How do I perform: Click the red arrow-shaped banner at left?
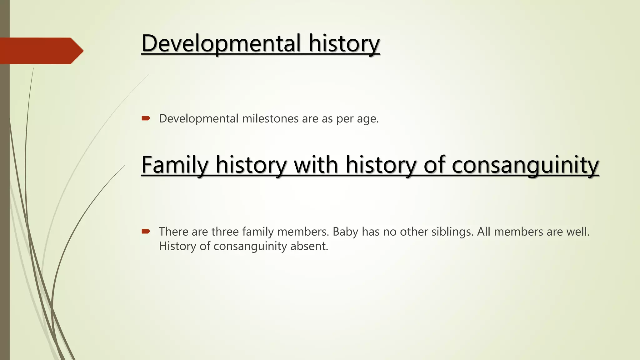(x=41, y=51)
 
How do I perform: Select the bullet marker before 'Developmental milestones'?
(x=146, y=118)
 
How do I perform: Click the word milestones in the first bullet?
(x=270, y=119)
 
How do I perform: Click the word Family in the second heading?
(x=175, y=165)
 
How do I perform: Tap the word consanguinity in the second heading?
(x=525, y=165)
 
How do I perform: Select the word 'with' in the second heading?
(x=316, y=165)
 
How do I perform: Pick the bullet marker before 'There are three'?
(x=146, y=231)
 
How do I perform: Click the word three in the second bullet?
(x=225, y=232)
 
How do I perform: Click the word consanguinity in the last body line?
(x=250, y=246)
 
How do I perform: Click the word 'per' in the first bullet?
(x=343, y=119)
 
